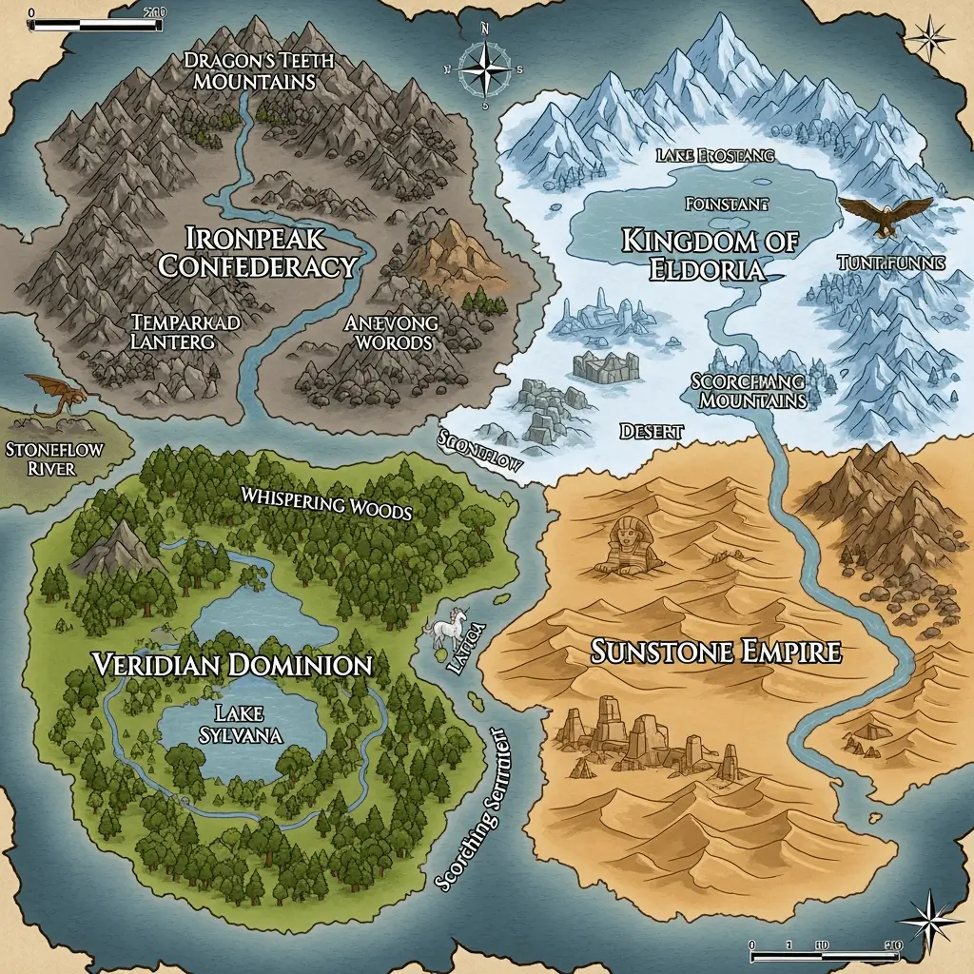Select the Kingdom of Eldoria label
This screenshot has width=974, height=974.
click(x=710, y=254)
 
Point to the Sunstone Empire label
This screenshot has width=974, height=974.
click(x=716, y=653)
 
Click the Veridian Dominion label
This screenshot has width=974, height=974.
click(x=232, y=664)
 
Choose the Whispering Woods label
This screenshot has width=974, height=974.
click(x=325, y=503)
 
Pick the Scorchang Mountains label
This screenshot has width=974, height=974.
click(x=748, y=390)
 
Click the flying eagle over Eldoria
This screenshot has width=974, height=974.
click(x=886, y=215)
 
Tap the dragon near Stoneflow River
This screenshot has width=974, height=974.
click(x=55, y=393)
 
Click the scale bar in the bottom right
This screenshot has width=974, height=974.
click(x=826, y=945)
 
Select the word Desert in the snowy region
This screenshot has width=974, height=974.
click(x=652, y=431)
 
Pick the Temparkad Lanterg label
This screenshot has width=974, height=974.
click(x=185, y=331)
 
